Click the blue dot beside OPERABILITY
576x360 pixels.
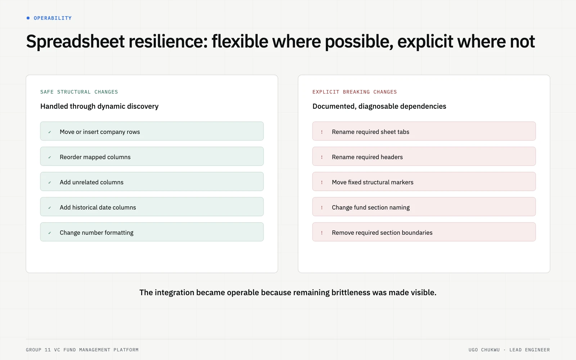point(28,18)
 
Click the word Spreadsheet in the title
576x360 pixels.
point(75,42)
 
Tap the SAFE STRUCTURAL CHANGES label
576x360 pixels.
point(79,92)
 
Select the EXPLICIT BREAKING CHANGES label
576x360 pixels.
point(355,92)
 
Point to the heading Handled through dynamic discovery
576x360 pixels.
point(99,106)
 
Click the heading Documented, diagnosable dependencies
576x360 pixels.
point(379,106)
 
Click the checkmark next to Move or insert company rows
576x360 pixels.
point(50,132)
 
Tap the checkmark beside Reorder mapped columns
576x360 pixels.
point(50,157)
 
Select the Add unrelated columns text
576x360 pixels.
point(91,182)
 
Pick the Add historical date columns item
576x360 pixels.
point(152,207)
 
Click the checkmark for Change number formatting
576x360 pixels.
point(50,233)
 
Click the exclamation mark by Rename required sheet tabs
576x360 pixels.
point(322,132)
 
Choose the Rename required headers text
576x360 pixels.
point(367,157)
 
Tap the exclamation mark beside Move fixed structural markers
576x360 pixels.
point(322,183)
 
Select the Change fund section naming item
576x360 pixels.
point(424,207)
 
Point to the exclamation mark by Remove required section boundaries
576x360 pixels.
point(322,233)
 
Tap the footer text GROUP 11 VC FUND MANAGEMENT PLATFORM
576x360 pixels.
point(82,350)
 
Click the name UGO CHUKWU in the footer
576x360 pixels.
point(484,350)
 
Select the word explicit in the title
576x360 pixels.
point(425,42)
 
